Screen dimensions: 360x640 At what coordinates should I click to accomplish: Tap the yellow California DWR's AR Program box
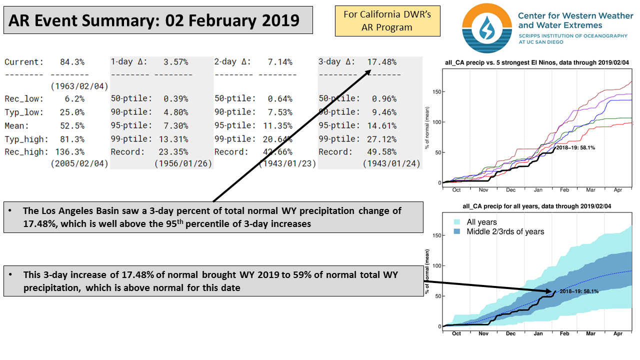[387, 21]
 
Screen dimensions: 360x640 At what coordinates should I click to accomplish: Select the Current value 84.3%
[72, 62]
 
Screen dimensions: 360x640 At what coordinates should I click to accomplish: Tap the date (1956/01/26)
[183, 163]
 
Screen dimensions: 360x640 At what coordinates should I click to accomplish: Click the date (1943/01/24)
[391, 163]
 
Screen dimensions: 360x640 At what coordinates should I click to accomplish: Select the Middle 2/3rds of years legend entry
[505, 231]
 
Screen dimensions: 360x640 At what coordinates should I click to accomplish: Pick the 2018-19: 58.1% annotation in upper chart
[576, 147]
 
